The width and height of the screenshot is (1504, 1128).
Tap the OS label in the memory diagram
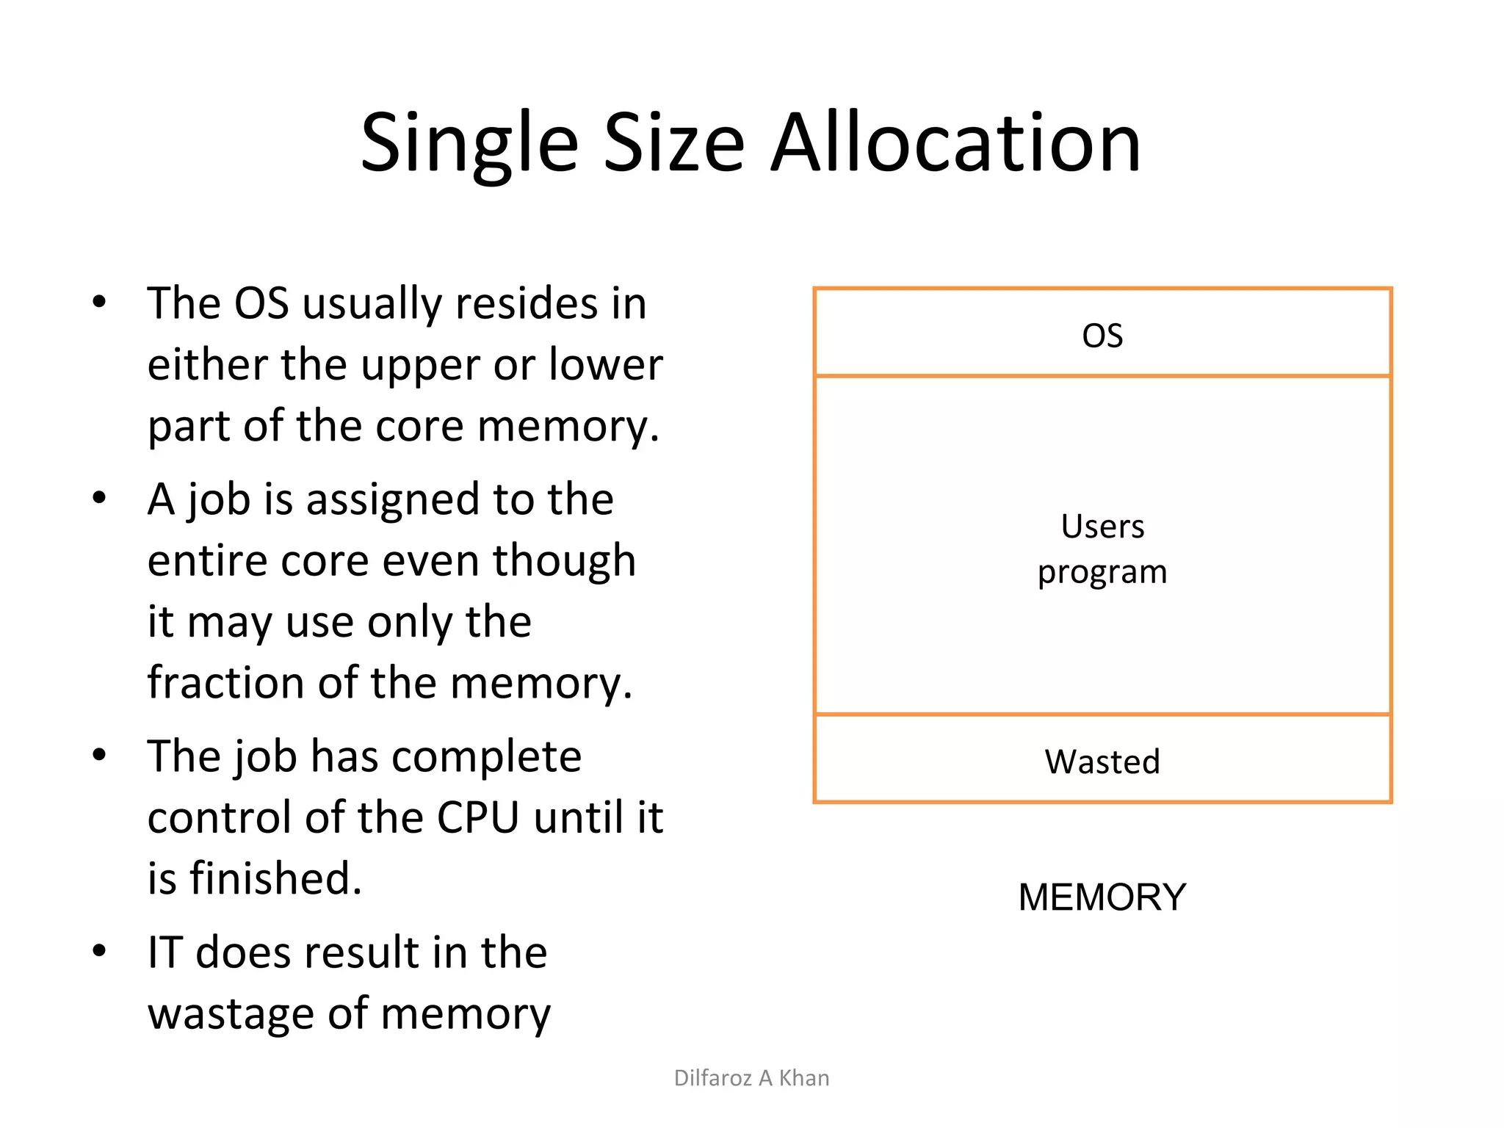(1102, 336)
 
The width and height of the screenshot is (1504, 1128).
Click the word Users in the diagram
(1102, 527)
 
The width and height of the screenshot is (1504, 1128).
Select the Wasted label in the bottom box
(1102, 762)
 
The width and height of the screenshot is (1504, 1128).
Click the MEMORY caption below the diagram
(1102, 897)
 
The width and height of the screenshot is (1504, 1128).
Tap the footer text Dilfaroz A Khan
(751, 1078)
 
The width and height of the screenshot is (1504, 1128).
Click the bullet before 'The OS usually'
(100, 303)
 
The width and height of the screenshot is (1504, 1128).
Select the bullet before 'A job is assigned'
(100, 499)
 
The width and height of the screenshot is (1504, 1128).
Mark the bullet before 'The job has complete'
(100, 756)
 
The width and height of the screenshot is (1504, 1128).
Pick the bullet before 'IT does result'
(100, 951)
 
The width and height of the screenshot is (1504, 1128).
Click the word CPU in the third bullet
(478, 817)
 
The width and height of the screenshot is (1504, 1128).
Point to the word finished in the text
(276, 878)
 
